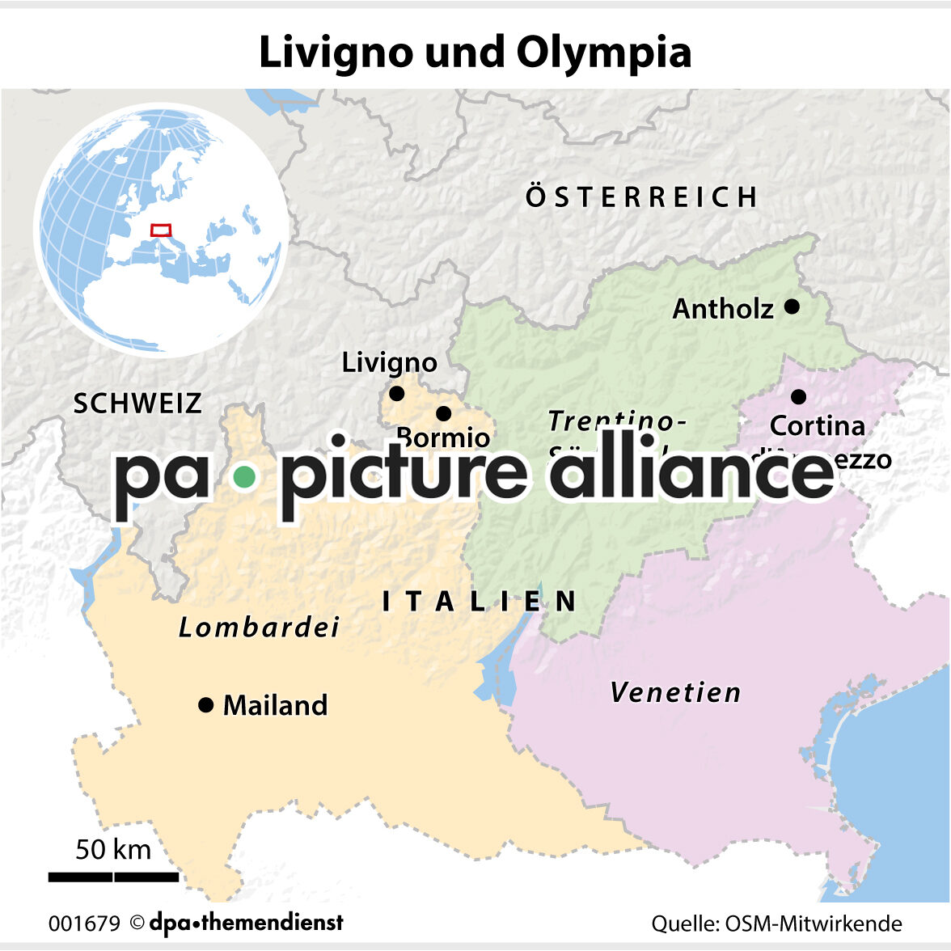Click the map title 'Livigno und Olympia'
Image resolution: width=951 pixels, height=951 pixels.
(x=475, y=53)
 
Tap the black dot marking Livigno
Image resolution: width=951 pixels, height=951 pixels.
(x=396, y=394)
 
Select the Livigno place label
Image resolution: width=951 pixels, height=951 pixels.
(x=389, y=362)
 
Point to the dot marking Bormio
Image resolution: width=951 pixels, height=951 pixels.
(x=443, y=413)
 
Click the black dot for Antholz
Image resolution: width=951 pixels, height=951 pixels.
(x=792, y=306)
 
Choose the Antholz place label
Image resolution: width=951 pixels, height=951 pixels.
(x=723, y=308)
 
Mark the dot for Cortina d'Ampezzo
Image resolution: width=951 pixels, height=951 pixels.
(x=798, y=396)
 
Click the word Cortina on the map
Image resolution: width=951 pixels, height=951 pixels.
(x=817, y=425)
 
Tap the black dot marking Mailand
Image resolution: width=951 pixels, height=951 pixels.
(x=205, y=705)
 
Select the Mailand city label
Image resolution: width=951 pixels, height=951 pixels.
(x=275, y=705)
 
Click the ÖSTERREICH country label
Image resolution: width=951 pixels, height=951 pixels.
(x=642, y=197)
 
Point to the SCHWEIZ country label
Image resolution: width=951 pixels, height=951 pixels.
(x=137, y=404)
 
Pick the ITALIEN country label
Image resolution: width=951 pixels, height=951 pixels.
(x=480, y=601)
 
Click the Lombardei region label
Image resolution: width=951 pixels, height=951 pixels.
(x=259, y=628)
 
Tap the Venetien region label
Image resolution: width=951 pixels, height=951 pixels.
(x=675, y=692)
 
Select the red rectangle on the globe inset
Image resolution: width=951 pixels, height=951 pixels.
(x=161, y=230)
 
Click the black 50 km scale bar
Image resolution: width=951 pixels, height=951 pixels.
(x=113, y=877)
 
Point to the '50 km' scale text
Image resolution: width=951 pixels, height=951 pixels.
(x=113, y=849)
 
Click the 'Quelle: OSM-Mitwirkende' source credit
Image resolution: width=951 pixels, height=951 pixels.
(x=776, y=924)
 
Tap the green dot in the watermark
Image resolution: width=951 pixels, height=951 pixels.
(x=243, y=477)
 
